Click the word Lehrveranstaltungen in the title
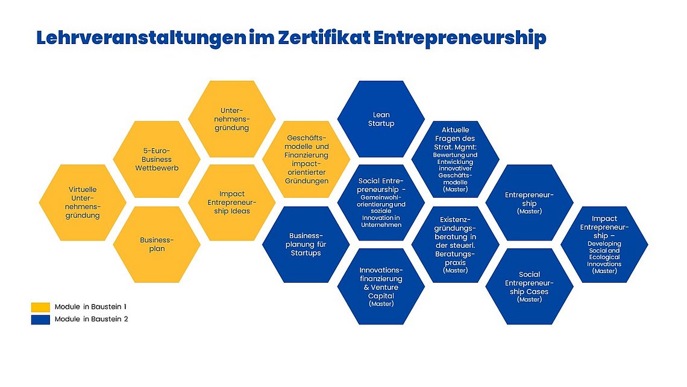(x=141, y=38)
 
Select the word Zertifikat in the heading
(x=324, y=37)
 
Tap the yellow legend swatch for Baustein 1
(x=40, y=307)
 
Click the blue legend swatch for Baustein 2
(x=40, y=319)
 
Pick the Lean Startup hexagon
(x=381, y=119)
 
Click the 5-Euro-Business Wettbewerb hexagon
(x=157, y=159)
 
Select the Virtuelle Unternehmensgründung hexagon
(x=83, y=203)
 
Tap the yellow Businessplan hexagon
(x=157, y=245)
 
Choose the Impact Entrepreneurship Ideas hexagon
(x=232, y=203)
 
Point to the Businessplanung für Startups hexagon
(x=306, y=245)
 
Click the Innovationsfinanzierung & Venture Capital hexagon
(x=381, y=287)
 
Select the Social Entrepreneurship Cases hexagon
(x=529, y=287)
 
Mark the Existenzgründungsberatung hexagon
(x=455, y=245)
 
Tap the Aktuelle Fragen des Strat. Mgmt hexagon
(x=455, y=159)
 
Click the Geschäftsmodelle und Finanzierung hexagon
(x=306, y=159)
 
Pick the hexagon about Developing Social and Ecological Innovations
(x=604, y=245)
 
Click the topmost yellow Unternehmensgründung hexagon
(x=232, y=119)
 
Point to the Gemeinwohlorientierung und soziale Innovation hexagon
(x=381, y=203)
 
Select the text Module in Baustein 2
(x=91, y=319)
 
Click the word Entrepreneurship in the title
(x=460, y=39)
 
